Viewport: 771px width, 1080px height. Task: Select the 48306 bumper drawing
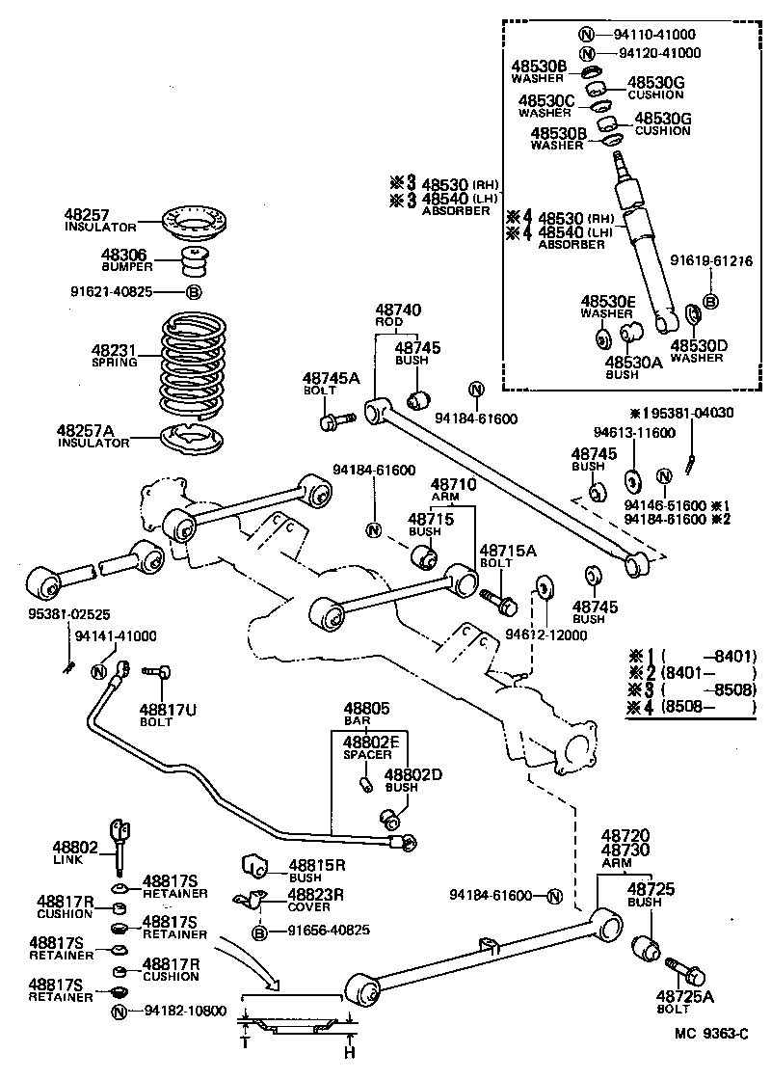pyautogui.click(x=197, y=262)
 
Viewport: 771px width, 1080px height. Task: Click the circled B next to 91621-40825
pyautogui.click(x=193, y=292)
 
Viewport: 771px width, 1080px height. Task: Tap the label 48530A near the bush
pyautogui.click(x=628, y=362)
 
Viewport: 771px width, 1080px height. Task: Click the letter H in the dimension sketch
pyautogui.click(x=351, y=1050)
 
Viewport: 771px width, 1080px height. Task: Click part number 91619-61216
pyautogui.click(x=712, y=259)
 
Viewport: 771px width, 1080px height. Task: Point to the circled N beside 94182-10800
pyautogui.click(x=120, y=1012)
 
